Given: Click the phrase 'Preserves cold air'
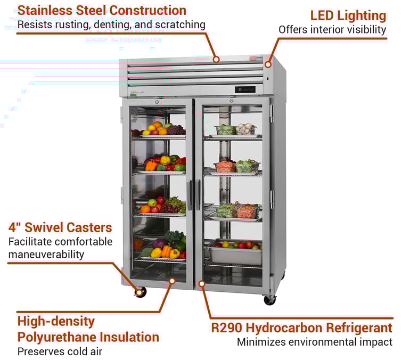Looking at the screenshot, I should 60,351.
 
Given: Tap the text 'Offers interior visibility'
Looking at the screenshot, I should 332,30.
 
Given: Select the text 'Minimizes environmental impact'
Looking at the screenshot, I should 314,342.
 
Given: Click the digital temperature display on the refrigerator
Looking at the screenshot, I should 245,89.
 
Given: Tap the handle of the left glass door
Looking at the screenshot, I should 189,194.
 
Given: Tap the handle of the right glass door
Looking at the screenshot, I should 198,194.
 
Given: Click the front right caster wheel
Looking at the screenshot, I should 269,300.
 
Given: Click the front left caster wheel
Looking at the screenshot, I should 141,292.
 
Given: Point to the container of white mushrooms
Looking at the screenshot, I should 245,129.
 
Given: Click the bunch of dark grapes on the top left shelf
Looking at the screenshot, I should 175,129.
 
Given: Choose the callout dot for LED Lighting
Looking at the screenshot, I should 268,64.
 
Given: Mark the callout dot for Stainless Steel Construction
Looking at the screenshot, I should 216,59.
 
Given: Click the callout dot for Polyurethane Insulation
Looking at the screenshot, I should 172,280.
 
